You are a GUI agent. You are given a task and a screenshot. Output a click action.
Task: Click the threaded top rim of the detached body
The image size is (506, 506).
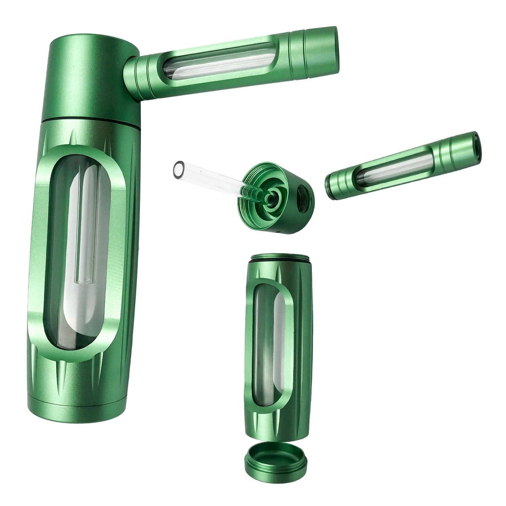click(275, 260)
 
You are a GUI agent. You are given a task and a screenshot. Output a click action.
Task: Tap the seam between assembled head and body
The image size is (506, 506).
click(92, 120)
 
